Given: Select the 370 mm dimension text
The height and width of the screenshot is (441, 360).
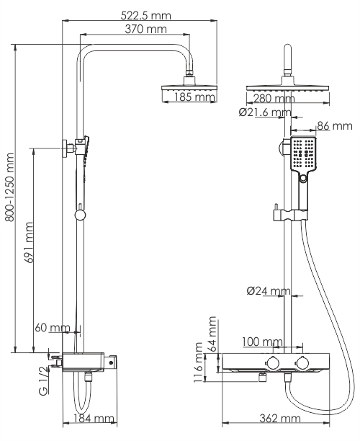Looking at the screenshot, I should [143, 29].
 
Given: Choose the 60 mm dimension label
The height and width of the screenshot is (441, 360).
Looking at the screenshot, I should [53, 329].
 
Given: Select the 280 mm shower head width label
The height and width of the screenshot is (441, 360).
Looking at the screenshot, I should [274, 98].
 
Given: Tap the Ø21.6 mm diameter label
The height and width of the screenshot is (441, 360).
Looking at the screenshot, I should [264, 112].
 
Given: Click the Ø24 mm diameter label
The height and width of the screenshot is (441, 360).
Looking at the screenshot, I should [268, 292].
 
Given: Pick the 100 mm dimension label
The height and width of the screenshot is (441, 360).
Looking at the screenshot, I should [261, 341].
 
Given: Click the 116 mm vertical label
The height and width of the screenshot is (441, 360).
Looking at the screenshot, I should [200, 365].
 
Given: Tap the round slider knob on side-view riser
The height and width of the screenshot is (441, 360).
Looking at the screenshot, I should [80, 213].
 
